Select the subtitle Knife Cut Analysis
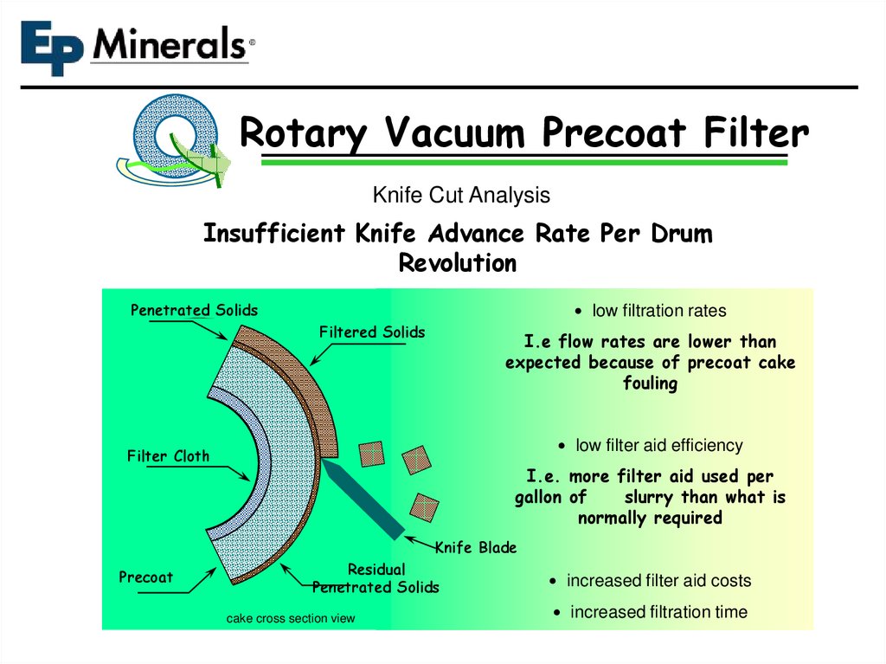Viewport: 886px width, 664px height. (460, 196)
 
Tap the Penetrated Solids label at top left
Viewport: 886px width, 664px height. (194, 310)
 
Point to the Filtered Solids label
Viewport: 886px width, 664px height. (372, 332)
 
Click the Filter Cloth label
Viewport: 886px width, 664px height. (168, 456)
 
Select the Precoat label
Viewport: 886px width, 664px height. (145, 577)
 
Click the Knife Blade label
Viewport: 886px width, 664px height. (475, 547)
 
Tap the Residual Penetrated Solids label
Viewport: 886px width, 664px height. (376, 578)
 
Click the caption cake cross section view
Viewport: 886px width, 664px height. (291, 618)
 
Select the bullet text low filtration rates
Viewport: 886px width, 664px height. (658, 310)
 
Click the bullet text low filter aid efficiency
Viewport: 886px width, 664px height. (658, 445)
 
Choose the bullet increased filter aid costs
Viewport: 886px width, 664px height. (658, 580)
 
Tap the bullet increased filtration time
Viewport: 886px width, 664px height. (658, 612)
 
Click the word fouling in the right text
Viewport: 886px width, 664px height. (650, 383)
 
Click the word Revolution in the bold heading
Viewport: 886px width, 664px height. (457, 262)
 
